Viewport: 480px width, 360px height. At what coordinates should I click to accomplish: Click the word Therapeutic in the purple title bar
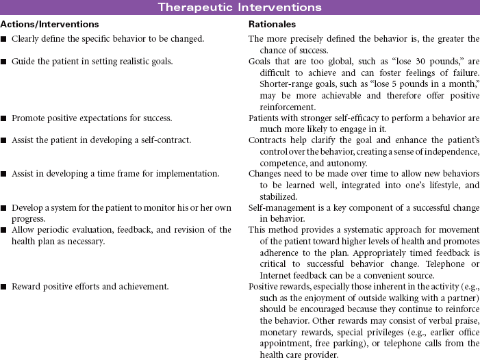[197, 8]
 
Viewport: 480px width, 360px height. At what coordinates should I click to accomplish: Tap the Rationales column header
[272, 24]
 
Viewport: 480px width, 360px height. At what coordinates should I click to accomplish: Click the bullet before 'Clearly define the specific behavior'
[5, 39]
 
